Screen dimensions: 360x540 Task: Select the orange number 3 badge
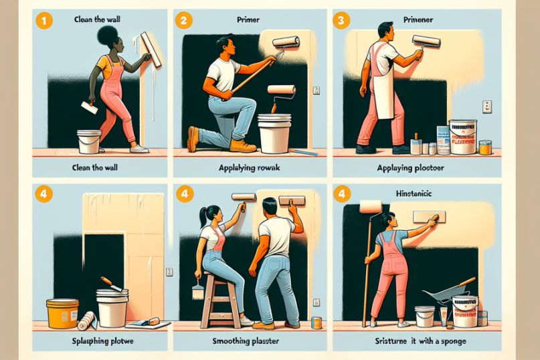point(341,20)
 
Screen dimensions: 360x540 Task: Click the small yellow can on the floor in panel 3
point(485,147)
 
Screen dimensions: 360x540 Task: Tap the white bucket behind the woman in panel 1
point(89,141)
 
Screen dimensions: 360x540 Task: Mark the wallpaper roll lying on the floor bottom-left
point(86,322)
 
